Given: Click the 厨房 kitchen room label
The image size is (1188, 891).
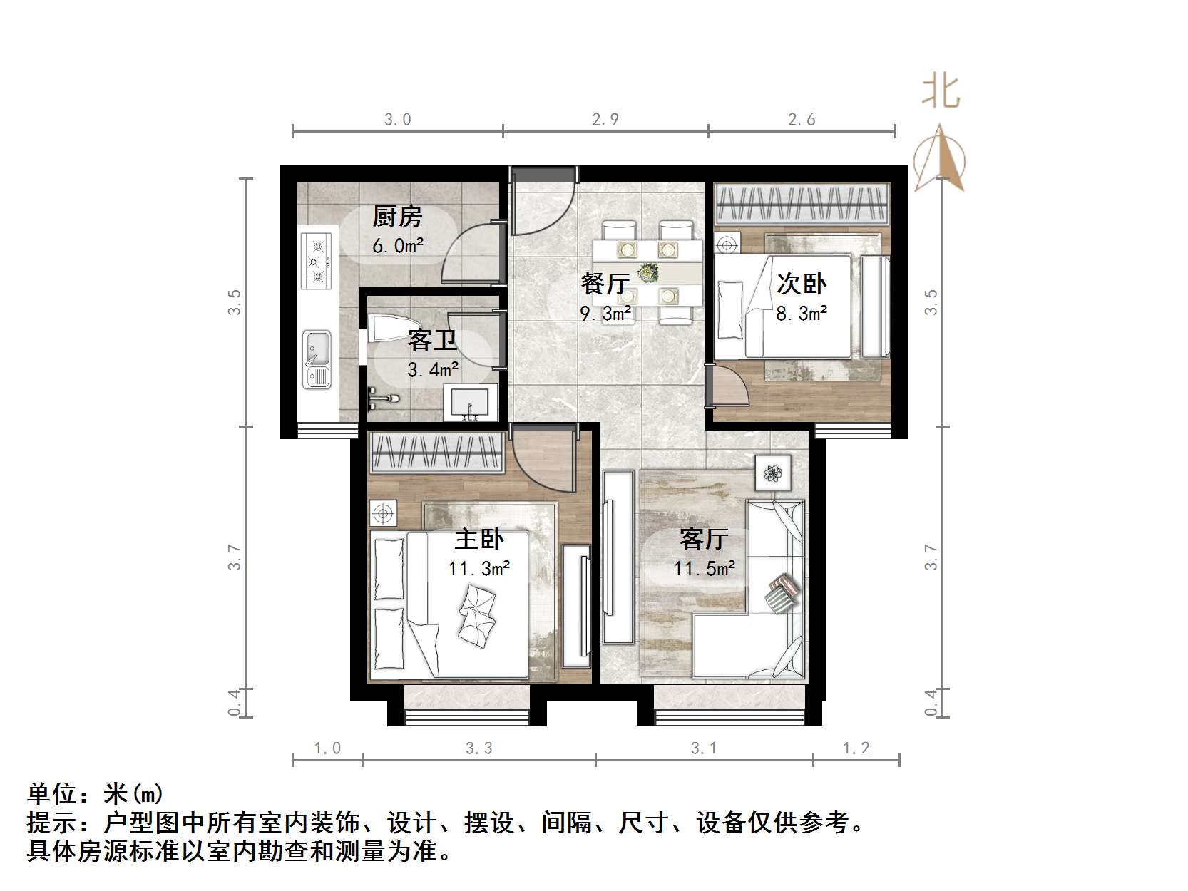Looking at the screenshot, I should point(397,216).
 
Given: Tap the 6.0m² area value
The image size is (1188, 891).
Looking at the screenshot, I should point(398,246).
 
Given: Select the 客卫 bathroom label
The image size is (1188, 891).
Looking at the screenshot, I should point(432,341).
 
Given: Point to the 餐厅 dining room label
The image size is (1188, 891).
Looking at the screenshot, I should point(605,284).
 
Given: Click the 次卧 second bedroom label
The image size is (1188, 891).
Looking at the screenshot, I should point(801,284).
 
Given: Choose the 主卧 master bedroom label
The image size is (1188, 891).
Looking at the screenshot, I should point(478,539).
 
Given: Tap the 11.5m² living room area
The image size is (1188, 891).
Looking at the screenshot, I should point(705,569).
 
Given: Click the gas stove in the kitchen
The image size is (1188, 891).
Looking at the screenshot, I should point(317,262).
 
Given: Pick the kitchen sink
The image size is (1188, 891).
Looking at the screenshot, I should point(317,359).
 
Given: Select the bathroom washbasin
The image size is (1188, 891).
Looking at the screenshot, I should point(470,403).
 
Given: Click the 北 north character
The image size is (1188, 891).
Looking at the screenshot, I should point(941,92).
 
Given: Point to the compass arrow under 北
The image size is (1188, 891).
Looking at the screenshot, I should point(941,160).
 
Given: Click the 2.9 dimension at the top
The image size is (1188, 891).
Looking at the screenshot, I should point(605,120).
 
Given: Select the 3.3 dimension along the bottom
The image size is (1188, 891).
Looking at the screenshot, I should point(479,748).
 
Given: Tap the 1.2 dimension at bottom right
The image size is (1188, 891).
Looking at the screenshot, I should point(856,748).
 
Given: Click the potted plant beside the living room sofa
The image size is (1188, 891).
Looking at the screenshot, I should point(773,472).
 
